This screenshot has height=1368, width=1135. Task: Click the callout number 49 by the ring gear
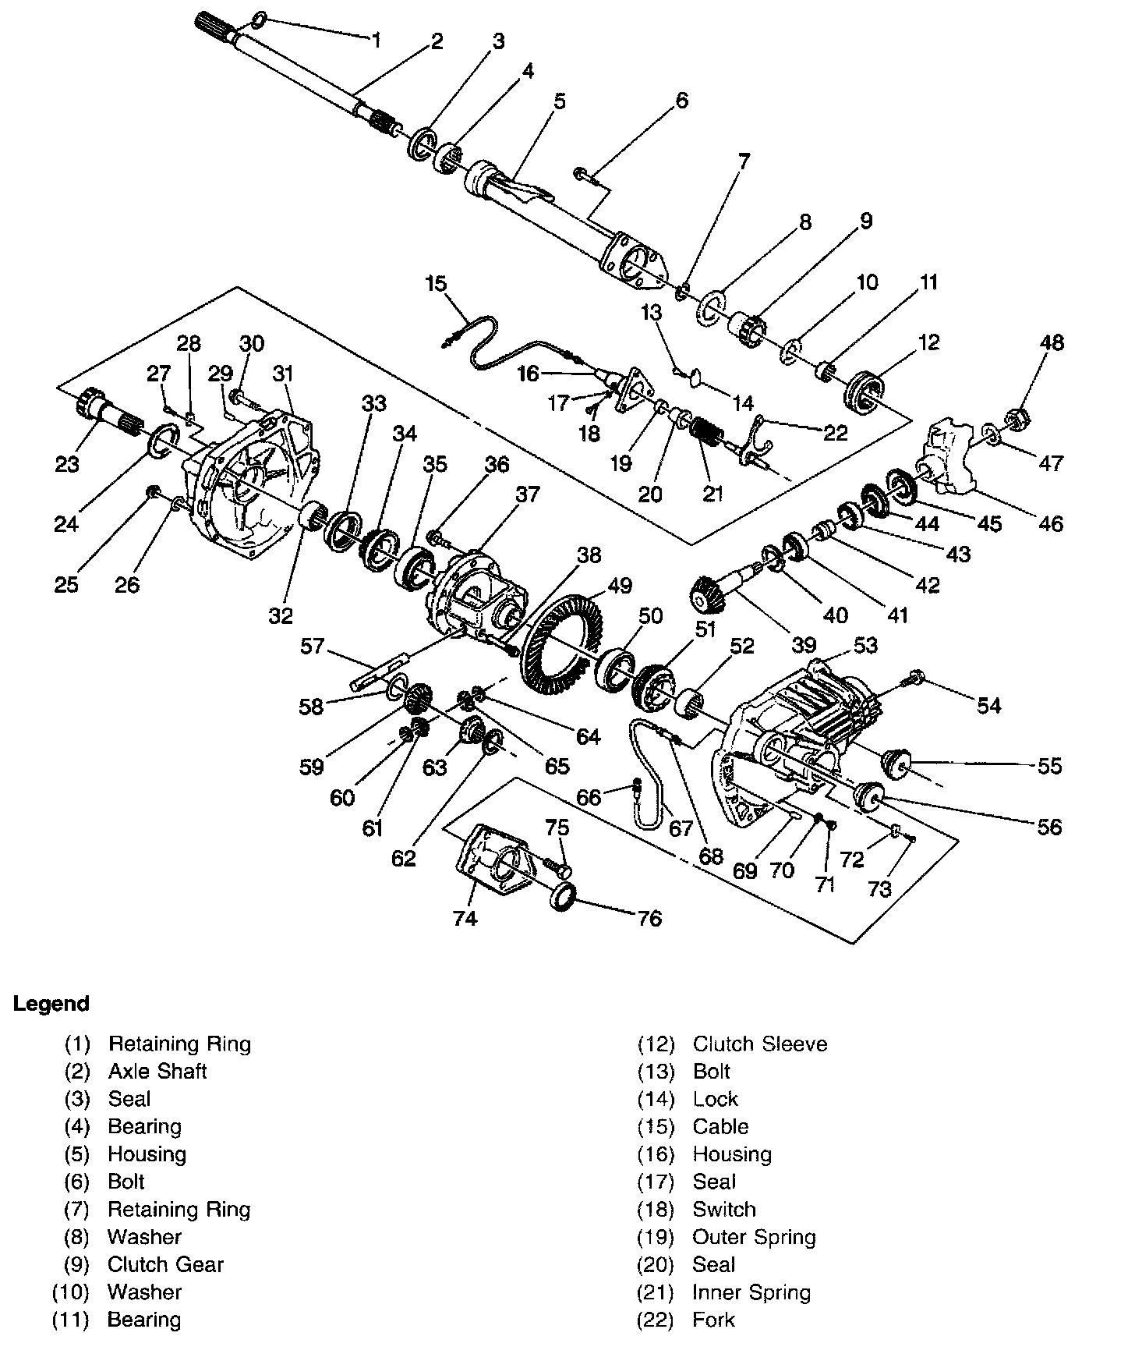tap(621, 585)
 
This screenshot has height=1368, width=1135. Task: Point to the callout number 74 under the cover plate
tap(465, 918)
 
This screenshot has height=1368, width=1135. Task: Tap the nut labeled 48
tap(1017, 420)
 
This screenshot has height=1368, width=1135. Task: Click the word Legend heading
tap(51, 1003)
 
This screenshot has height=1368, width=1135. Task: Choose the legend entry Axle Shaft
tap(157, 1071)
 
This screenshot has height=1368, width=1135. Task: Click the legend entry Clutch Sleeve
tap(760, 1044)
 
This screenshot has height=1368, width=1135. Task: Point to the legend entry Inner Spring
tap(751, 1292)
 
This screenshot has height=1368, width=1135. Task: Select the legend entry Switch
tap(724, 1209)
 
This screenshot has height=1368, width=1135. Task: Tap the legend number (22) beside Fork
tap(655, 1320)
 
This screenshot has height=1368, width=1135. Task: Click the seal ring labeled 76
tap(564, 897)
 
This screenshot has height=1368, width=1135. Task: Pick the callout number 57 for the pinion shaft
tap(313, 647)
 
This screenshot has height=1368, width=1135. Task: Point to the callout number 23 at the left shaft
tap(67, 464)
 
